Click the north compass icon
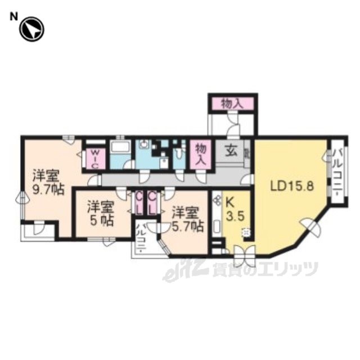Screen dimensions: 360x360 (31, 29)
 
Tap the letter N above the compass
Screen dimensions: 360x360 (13, 17)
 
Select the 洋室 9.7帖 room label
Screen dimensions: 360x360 (48, 182)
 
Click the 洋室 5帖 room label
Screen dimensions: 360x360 (100, 214)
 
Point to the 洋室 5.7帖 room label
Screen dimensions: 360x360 (187, 219)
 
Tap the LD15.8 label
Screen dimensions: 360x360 (291, 187)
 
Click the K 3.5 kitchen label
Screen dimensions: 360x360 (235, 210)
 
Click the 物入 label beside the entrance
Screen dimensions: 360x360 (200, 154)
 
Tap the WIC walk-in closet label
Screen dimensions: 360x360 (96, 159)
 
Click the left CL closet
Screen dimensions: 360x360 (139, 204)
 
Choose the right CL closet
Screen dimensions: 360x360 (152, 204)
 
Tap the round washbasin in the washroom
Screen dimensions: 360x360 (144, 145)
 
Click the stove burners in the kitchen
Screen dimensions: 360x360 (216, 200)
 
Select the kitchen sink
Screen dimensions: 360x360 (217, 226)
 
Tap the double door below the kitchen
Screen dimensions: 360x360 (244, 255)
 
